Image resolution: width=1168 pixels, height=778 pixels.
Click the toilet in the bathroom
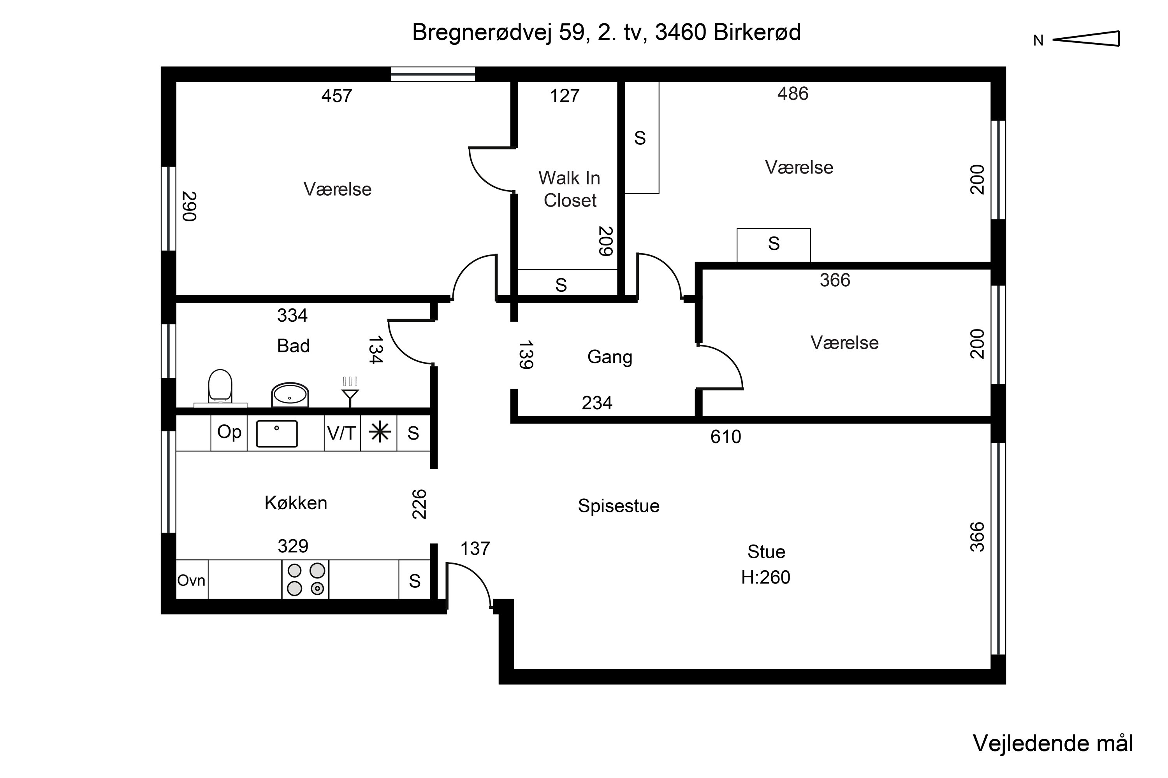[220, 387]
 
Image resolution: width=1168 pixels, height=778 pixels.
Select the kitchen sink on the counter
[276, 434]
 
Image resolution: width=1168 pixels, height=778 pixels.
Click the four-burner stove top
[305, 580]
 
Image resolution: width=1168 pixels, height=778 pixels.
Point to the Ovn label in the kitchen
[191, 580]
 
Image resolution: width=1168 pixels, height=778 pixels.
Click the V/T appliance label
[342, 434]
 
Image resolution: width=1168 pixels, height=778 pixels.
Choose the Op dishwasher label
[229, 433]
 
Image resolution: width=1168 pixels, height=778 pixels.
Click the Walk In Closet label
[570, 189]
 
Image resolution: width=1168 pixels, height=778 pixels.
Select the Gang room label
[610, 357]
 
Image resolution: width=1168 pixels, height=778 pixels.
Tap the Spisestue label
[619, 506]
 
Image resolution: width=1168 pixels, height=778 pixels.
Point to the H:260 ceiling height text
[766, 577]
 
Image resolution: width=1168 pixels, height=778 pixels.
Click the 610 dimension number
[726, 436]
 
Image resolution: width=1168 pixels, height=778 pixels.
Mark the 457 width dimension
[337, 96]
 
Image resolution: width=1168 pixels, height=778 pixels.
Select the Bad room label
[294, 346]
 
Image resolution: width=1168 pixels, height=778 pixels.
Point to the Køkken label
[296, 503]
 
